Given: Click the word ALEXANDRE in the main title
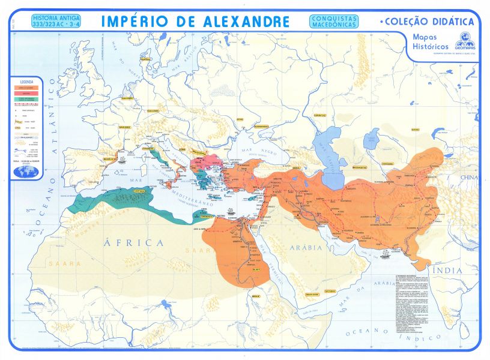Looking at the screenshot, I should tap(241, 22).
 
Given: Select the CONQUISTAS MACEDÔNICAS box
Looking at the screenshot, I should tap(334, 22).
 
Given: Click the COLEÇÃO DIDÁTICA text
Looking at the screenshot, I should tap(428, 22).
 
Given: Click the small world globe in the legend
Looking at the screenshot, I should tap(27, 172).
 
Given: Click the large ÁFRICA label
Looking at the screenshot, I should tap(135, 242).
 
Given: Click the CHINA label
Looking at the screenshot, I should tap(470, 178).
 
